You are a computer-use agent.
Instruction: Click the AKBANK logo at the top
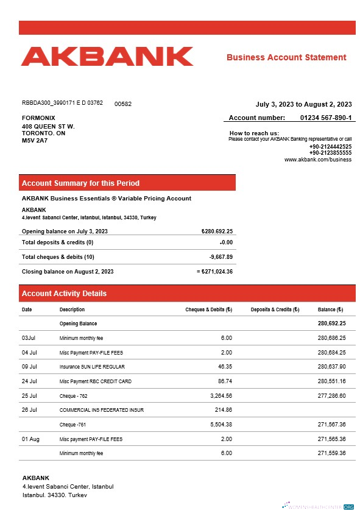107,56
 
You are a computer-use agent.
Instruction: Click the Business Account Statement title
286,57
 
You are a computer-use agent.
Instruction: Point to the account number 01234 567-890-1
326,118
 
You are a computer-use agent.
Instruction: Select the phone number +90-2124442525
330,147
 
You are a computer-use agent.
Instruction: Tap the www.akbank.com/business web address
318,160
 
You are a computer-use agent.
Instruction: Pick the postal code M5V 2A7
35,140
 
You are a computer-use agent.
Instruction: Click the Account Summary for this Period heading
80,183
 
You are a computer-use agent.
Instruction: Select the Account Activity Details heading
64,294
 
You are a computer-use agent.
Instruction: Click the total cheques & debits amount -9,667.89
221,257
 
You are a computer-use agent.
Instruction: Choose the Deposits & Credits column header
275,309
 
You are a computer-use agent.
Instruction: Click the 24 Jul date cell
29,381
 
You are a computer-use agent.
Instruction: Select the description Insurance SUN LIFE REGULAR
92,367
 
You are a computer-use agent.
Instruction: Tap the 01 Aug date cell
30,439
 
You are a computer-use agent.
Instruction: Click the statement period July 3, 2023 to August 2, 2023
303,104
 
